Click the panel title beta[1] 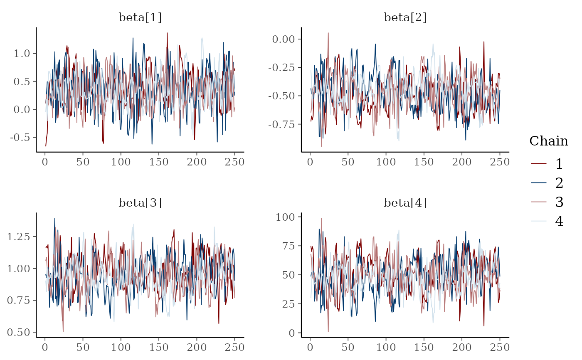140,17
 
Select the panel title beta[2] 405,17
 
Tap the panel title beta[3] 140,203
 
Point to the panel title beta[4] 405,203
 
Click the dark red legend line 539,164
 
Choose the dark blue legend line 539,182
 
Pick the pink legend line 539,202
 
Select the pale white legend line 539,221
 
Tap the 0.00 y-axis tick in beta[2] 284,39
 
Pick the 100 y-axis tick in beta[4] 286,217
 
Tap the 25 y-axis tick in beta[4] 288,304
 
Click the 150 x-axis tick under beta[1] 159,162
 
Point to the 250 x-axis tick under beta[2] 499,162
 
